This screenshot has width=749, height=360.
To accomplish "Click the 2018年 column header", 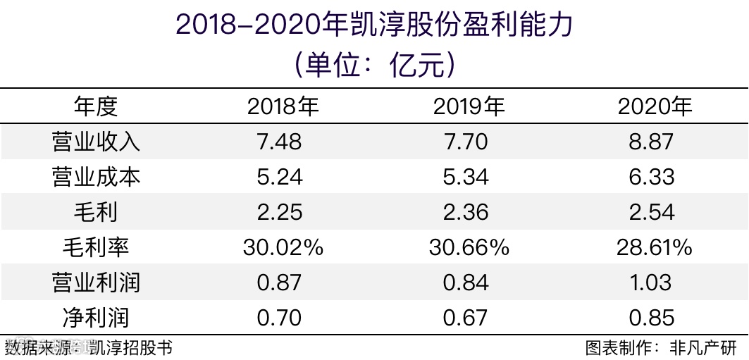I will click(x=283, y=106).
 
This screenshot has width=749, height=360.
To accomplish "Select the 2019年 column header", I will click(x=469, y=106).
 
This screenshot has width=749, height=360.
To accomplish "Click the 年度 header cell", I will click(x=96, y=106).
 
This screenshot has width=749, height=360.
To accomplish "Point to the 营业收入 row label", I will click(x=96, y=142).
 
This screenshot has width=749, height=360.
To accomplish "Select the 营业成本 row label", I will click(x=96, y=177).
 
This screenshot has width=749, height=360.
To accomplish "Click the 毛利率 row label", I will click(x=96, y=247).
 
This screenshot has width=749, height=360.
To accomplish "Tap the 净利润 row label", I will click(x=96, y=318).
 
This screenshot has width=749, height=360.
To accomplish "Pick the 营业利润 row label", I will click(x=96, y=283).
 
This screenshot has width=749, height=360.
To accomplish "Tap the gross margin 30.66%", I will click(x=469, y=247).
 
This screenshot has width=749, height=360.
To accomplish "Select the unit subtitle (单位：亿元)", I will click(x=374, y=65).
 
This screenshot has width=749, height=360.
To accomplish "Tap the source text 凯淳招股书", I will click(x=130, y=348).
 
